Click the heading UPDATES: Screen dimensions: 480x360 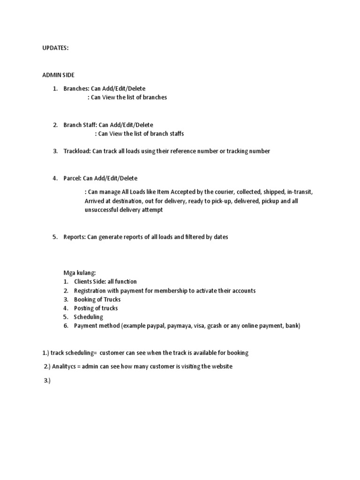pos(56,48)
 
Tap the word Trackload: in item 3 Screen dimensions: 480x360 pos(77,151)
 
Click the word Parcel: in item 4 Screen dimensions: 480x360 pos(73,178)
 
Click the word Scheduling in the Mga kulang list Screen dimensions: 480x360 pos(89,317)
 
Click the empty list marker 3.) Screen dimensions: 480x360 pos(46,381)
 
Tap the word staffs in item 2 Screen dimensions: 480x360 pos(176,134)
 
